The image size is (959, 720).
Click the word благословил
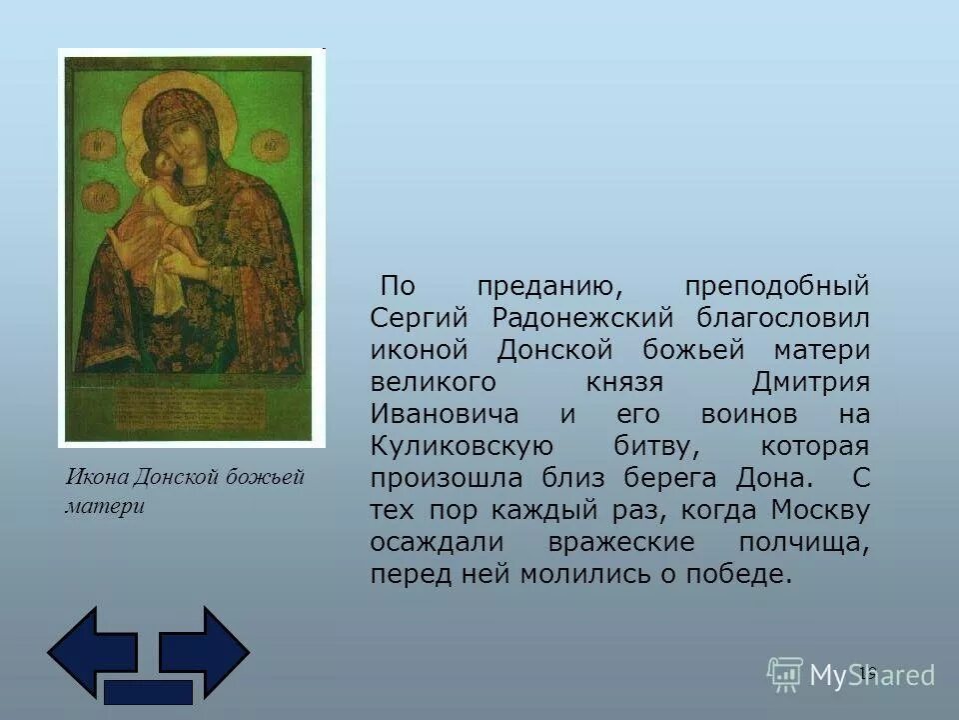pos(785,319)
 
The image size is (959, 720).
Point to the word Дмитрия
pos(810,383)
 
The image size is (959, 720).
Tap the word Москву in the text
pos(819,511)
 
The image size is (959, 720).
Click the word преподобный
pos(777,287)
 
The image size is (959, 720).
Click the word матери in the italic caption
pos(105,506)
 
